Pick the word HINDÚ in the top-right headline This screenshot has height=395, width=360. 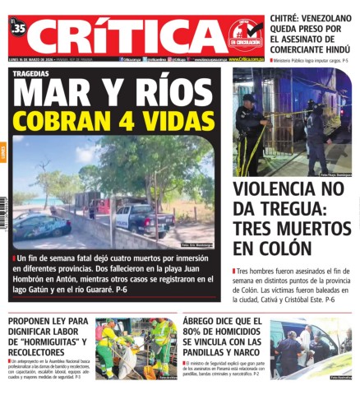(x=327, y=48)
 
